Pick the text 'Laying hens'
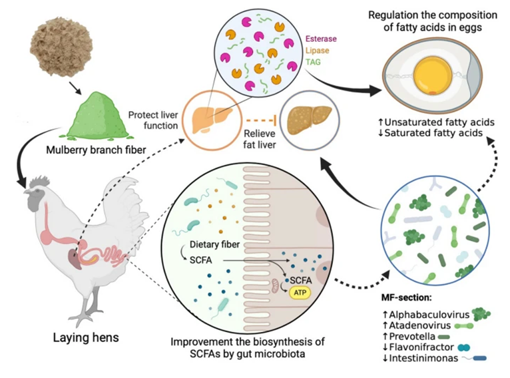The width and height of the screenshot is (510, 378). click(x=79, y=337)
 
